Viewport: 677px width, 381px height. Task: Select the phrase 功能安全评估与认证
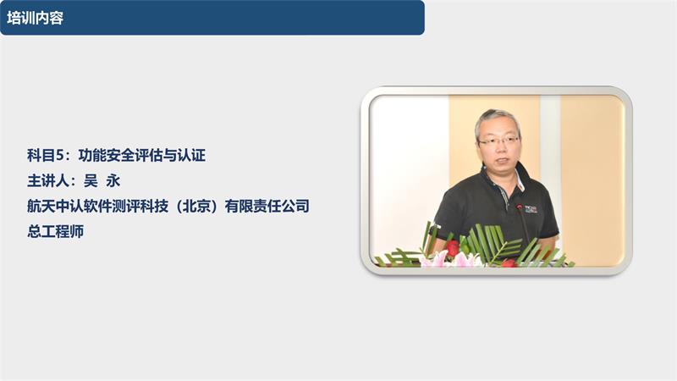[x=142, y=156]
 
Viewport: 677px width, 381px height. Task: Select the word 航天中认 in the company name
[x=53, y=206]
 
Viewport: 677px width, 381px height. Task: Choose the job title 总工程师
[x=55, y=231]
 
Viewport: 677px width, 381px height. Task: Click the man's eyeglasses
[x=499, y=141]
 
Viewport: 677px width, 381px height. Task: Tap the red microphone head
[x=520, y=207]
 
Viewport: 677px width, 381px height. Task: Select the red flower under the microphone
[x=509, y=262]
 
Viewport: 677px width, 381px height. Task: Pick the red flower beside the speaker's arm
[x=454, y=248]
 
